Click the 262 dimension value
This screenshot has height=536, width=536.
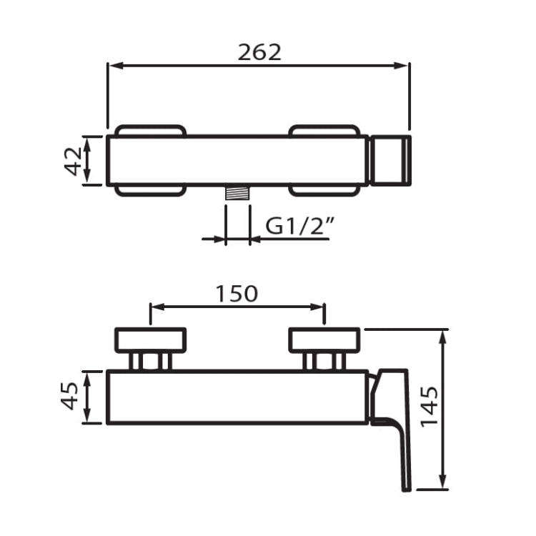click(259, 53)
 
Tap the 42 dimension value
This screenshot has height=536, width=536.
click(73, 161)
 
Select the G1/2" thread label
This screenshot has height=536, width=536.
click(299, 226)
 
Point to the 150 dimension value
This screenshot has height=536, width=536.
click(237, 294)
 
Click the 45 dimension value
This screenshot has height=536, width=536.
click(70, 396)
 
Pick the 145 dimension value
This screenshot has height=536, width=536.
click(429, 407)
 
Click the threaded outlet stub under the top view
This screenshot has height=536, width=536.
click(237, 192)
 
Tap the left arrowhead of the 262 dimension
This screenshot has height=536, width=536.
click(116, 66)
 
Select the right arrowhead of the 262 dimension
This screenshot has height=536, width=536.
click(402, 66)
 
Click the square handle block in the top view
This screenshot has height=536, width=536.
click(391, 161)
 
